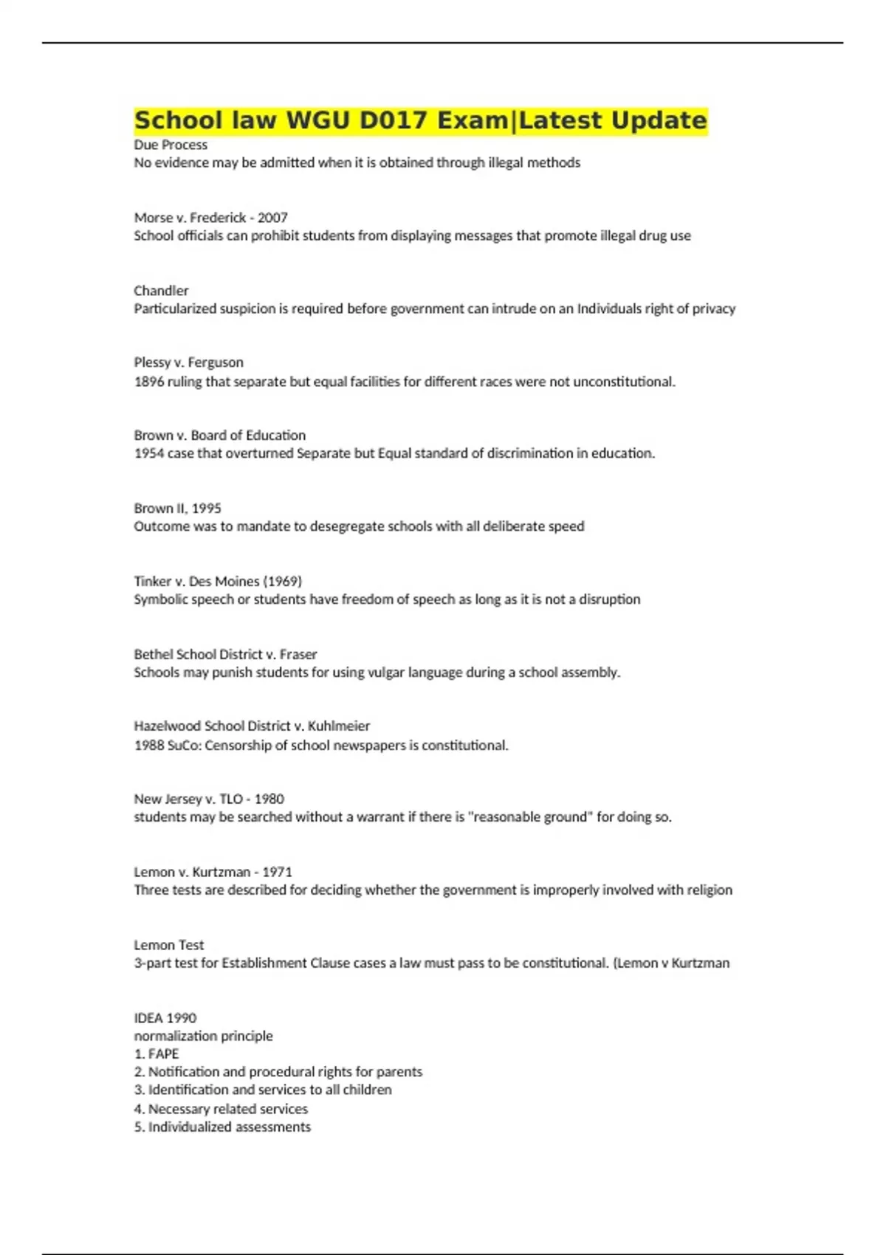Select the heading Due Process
tap(171, 145)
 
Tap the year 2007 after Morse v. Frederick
tap(272, 218)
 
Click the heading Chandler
tap(161, 291)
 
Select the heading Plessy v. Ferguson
tap(188, 362)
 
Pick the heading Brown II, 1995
tap(177, 508)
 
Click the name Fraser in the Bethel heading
tap(298, 654)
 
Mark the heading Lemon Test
tap(168, 945)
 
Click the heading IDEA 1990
tap(165, 1018)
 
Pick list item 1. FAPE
tap(156, 1054)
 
